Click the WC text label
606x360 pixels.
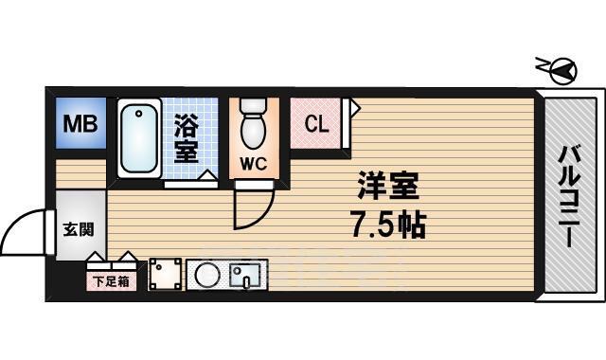[253, 163]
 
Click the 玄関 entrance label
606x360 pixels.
[77, 229]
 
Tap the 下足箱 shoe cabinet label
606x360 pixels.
[112, 281]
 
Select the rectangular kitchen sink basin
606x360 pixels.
[247, 276]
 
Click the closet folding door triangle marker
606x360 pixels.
[354, 108]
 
